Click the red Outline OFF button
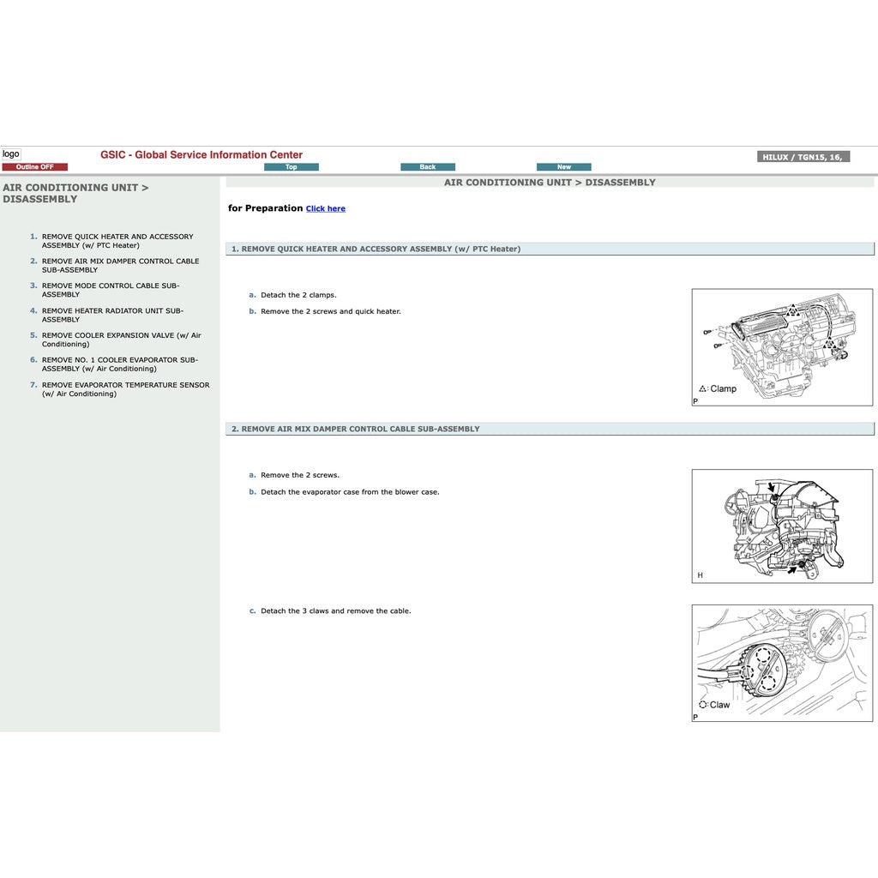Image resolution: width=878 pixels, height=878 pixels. point(34,167)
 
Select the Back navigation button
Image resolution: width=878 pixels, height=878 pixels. point(428,167)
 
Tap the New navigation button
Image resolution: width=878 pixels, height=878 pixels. point(563,167)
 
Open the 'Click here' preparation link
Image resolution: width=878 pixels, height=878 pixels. point(326,208)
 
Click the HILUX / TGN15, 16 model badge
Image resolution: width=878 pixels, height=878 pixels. point(803,157)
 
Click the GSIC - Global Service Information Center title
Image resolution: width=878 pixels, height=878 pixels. point(201,155)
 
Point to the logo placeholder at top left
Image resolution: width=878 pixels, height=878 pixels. point(10,154)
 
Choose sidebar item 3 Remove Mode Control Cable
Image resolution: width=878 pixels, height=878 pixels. point(111,290)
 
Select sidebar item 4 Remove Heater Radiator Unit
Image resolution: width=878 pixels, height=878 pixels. point(112,315)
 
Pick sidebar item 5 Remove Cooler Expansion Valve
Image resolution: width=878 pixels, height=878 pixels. point(121,340)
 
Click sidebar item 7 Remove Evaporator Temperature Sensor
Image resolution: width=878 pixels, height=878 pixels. point(125,389)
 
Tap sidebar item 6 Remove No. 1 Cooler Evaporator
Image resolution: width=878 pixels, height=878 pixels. point(119,364)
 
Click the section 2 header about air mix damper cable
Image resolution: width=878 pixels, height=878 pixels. point(356,429)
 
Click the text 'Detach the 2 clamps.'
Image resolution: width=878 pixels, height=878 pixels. point(298,295)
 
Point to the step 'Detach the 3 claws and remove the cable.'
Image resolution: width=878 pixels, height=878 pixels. point(335,611)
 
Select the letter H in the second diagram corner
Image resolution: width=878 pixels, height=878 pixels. point(700,575)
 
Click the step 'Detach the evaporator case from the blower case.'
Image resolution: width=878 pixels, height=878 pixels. point(350,492)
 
